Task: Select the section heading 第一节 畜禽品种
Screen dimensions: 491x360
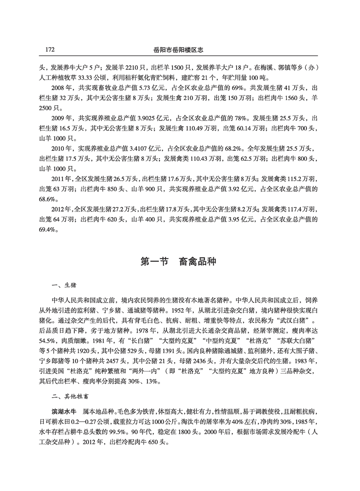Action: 179,262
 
